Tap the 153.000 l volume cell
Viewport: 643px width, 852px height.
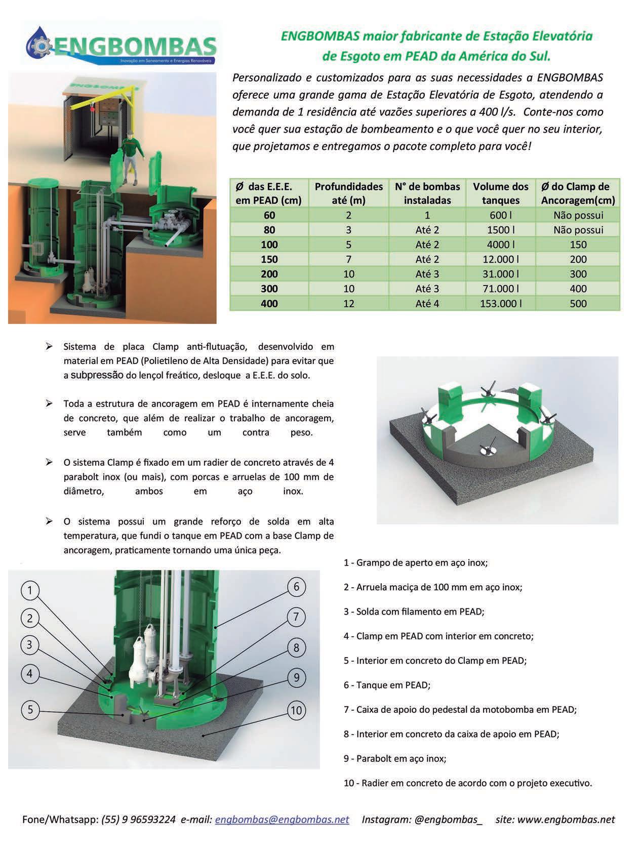[500, 304]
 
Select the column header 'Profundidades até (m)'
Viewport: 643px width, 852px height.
[348, 193]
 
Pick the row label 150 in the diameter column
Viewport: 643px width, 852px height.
[269, 259]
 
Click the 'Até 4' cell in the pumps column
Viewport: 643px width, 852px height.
[427, 304]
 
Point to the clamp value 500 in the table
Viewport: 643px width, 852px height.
[578, 304]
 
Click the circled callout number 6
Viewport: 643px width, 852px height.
[296, 587]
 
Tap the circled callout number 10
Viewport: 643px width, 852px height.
[296, 710]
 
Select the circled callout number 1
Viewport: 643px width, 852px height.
[30, 590]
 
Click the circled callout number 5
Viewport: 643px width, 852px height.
[30, 710]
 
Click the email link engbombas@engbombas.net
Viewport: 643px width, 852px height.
[282, 819]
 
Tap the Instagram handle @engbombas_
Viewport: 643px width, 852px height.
[448, 819]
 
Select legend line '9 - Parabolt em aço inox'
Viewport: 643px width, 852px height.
[395, 758]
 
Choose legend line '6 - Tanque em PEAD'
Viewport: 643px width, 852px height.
[387, 685]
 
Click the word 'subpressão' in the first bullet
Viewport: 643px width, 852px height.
[97, 375]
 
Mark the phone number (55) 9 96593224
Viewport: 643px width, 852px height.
[139, 819]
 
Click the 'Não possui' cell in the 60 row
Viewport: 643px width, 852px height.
[578, 215]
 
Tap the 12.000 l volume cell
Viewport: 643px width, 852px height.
[500, 259]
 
